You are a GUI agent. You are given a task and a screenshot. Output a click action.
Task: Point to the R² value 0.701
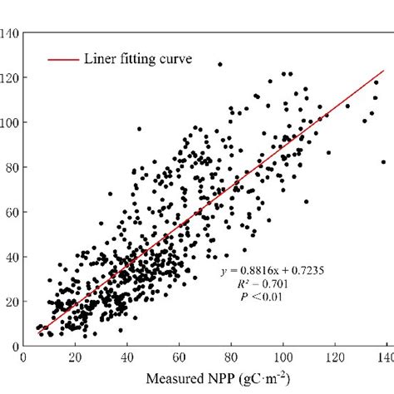(263, 283)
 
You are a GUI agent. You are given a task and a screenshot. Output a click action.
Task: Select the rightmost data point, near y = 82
(383, 162)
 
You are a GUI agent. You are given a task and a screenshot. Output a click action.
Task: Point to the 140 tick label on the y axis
(11, 34)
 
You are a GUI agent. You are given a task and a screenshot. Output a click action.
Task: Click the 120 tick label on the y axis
(11, 78)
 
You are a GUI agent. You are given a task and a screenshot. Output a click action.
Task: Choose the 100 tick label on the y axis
(11, 123)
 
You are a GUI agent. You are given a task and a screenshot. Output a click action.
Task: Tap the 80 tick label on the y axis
(13, 168)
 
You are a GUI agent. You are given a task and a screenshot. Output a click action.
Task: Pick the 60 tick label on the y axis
(13, 212)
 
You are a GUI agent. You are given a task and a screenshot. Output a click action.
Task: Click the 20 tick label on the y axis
(13, 301)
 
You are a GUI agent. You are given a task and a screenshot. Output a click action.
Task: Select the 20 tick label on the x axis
(76, 358)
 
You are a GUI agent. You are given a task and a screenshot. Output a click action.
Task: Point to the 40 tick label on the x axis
(127, 358)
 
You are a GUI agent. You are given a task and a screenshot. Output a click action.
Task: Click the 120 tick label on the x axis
(335, 358)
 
